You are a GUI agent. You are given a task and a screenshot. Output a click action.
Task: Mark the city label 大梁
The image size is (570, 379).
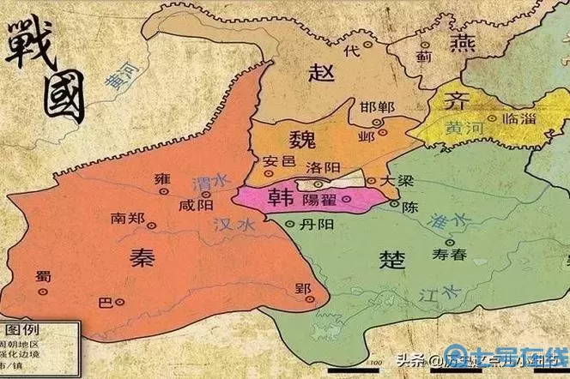click(x=394, y=181)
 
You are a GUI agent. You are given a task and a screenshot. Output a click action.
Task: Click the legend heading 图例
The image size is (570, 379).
click(x=23, y=331)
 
